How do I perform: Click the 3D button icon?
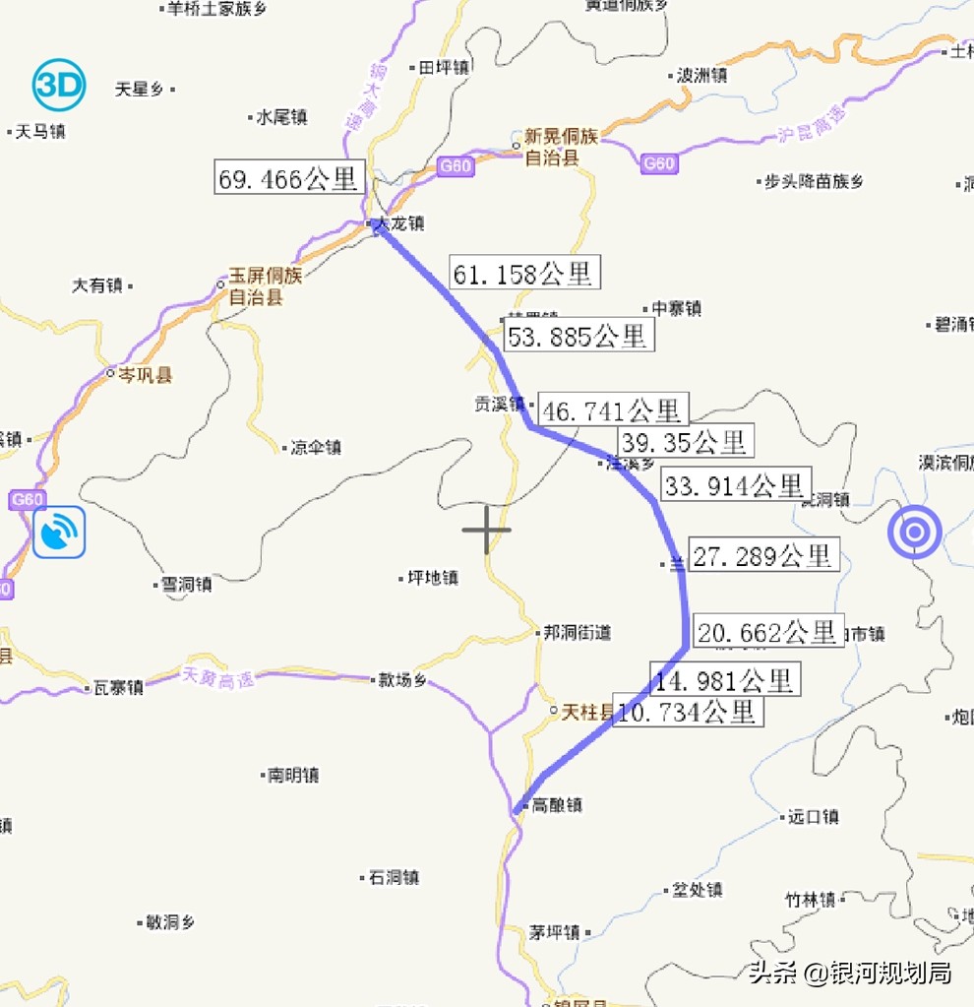point(59,86)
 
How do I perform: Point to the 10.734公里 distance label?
point(688,711)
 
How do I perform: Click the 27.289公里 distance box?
point(763,556)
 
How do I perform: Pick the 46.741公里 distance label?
point(612,409)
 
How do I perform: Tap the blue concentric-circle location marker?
point(914,533)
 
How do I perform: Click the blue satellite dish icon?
point(59,533)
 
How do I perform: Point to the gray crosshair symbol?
point(486,529)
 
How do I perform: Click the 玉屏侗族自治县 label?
point(266,285)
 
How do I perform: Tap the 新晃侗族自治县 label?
point(561,148)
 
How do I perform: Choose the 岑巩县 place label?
point(145,375)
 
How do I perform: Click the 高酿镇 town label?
point(557,805)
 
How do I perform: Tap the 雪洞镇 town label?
point(187,584)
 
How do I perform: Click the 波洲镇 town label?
point(701,75)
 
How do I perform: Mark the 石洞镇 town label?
point(394,877)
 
